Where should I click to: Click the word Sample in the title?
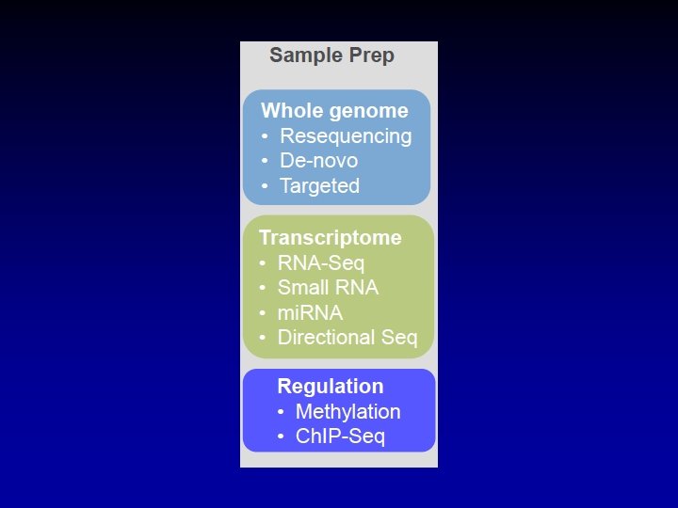(x=300, y=56)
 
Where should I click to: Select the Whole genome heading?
(x=334, y=111)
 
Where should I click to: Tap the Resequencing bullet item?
(x=346, y=136)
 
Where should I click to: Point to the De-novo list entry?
(x=318, y=161)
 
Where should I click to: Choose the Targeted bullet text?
(x=319, y=186)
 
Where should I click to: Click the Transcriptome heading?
(x=330, y=238)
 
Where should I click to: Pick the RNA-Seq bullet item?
(x=320, y=263)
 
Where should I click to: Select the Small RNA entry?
(x=327, y=288)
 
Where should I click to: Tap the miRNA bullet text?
(x=310, y=313)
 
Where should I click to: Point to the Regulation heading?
(x=330, y=387)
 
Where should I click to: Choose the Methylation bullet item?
(x=347, y=412)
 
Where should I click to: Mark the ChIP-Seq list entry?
(x=340, y=437)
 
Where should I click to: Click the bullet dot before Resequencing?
(x=265, y=137)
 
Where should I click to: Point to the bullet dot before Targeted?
(x=265, y=187)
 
